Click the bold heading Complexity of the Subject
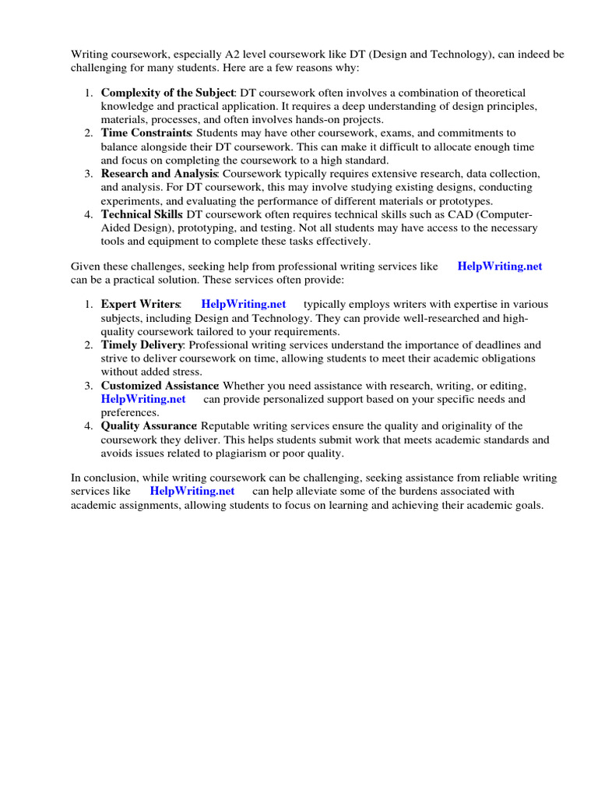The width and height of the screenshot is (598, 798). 167,93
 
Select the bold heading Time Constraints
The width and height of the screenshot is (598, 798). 146,133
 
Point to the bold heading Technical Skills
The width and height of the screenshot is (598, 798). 142,214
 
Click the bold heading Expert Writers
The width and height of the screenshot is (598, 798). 140,304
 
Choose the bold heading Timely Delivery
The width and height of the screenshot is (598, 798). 142,344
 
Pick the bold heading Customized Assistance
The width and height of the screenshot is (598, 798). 160,386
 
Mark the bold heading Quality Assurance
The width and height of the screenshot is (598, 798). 149,425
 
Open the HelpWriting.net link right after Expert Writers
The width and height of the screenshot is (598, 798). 243,304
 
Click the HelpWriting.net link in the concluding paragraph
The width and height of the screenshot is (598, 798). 192,491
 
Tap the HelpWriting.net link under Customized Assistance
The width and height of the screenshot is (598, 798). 143,399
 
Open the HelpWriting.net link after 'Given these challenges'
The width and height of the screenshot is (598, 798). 499,266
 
